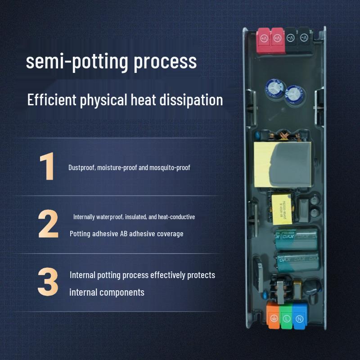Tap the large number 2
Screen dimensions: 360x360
[48, 224]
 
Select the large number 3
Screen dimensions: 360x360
[48, 282]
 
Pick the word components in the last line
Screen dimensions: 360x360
[122, 292]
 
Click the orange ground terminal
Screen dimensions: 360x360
[273, 315]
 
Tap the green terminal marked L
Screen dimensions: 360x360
[286, 315]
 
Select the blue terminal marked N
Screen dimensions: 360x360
[299, 315]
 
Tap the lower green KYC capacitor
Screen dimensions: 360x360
[297, 261]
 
